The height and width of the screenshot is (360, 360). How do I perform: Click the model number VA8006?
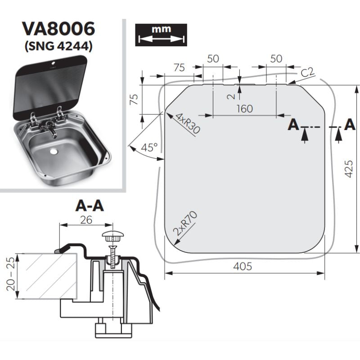(59, 29)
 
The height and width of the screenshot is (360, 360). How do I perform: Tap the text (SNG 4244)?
(59, 46)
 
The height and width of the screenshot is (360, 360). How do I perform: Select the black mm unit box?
(161, 34)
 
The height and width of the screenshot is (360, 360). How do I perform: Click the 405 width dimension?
(243, 266)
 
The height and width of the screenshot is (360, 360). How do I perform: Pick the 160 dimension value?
(243, 108)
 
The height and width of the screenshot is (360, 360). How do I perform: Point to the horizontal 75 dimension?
(179, 68)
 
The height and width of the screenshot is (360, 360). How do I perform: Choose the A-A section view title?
(90, 206)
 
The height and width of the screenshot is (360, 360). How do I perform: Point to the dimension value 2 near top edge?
(230, 96)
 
